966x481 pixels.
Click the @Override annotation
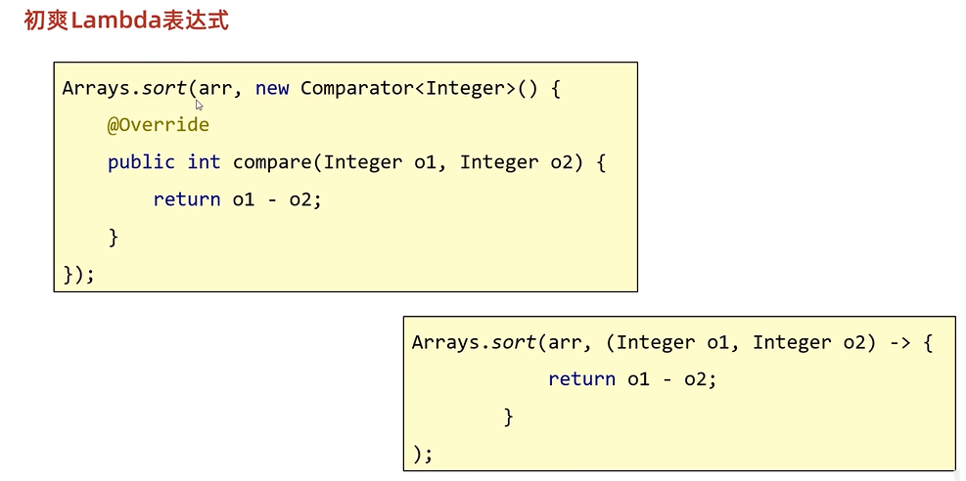[x=159, y=125]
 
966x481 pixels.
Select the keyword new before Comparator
[x=272, y=88]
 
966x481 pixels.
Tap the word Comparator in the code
[x=357, y=88]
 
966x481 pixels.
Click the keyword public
[x=141, y=162]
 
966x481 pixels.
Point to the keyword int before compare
[x=204, y=162]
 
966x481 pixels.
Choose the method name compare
[x=272, y=162]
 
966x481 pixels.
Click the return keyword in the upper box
[x=187, y=199]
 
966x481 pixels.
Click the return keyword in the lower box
[x=581, y=379]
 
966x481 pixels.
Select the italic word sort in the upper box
[x=164, y=88]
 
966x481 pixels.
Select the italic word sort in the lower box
[x=514, y=342]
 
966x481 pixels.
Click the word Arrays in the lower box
[x=445, y=342]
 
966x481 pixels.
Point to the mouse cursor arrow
[x=199, y=105]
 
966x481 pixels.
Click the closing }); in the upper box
[x=78, y=274]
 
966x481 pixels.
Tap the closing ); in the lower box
[x=423, y=454]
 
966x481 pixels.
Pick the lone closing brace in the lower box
[x=508, y=416]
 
